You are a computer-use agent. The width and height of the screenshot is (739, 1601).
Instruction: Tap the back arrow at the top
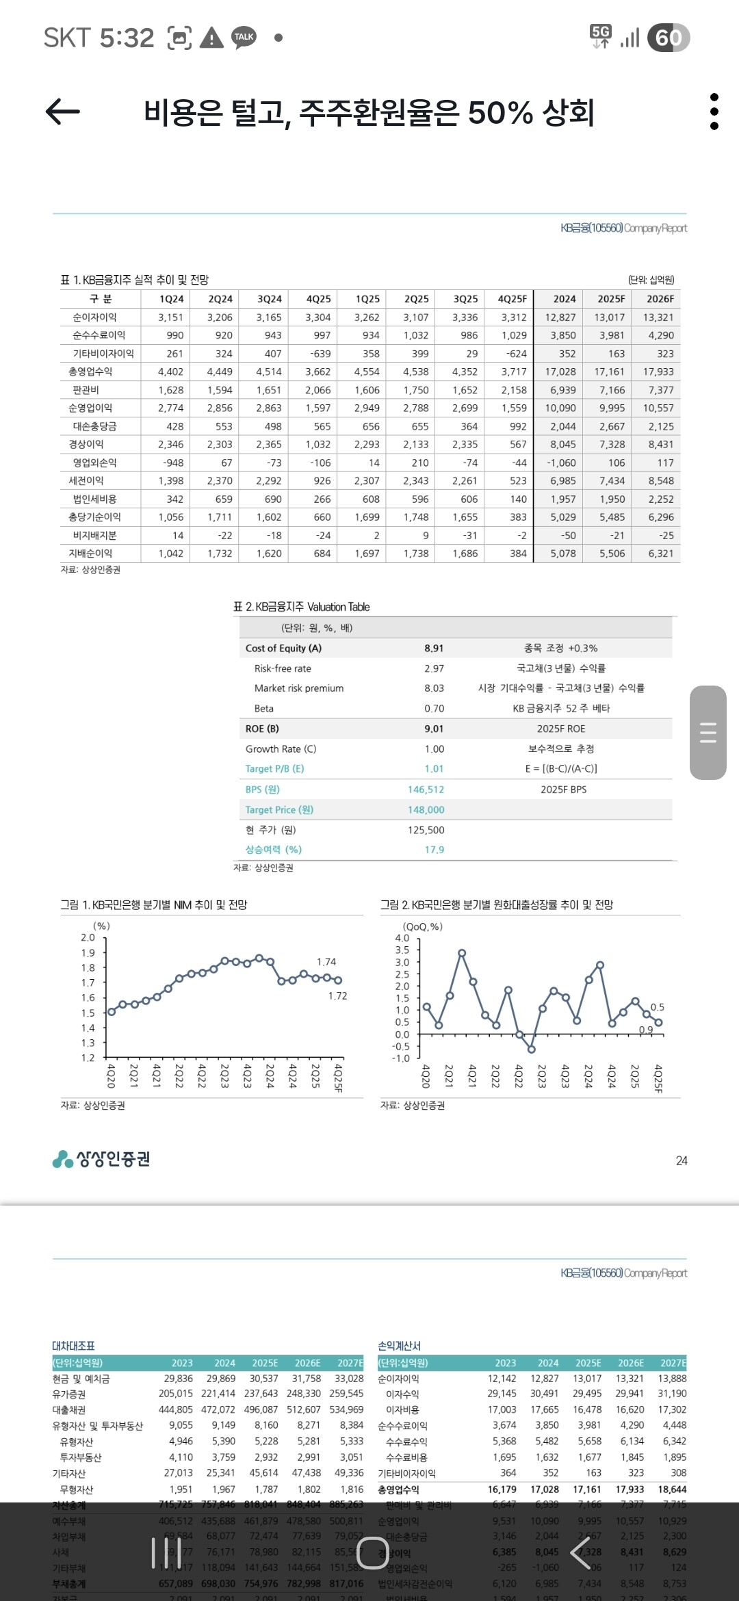63,112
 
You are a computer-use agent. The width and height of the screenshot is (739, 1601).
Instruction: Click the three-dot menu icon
714,112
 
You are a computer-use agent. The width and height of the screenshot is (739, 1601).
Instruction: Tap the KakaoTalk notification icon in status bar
244,37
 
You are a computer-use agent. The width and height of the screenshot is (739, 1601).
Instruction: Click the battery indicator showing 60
669,38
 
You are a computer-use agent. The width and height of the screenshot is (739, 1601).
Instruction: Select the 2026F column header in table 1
660,299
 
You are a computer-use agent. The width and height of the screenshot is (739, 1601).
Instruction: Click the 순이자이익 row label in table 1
95,317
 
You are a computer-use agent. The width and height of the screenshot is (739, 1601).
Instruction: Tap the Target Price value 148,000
426,809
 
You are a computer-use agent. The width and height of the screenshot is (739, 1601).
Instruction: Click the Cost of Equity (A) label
283,648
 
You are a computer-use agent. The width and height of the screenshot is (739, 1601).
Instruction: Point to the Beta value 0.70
434,709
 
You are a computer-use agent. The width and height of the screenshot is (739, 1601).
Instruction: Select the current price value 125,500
426,830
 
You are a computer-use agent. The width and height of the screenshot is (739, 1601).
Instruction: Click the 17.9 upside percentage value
435,850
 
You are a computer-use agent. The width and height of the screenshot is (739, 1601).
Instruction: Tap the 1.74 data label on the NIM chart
326,962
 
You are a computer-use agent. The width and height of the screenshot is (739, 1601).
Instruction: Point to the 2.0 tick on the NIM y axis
88,937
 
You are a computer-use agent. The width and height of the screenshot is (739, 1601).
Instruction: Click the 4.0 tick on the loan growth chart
402,938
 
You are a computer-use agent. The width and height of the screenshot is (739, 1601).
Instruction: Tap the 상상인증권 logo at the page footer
101,1159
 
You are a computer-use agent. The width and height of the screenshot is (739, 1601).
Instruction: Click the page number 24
682,1160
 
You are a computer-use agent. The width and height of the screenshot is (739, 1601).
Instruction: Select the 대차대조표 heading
73,1346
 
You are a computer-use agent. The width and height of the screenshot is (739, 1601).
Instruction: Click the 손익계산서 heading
400,1346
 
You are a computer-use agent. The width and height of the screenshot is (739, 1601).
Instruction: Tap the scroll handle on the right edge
708,733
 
